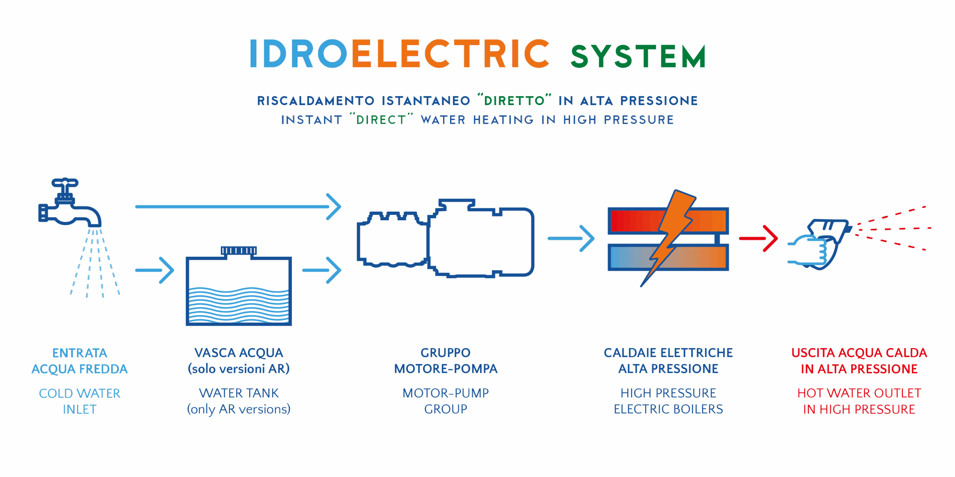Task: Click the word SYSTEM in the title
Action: [638, 57]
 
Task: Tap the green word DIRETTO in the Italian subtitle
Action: [514, 101]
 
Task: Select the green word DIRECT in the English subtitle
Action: [381, 120]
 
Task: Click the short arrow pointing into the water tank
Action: [155, 270]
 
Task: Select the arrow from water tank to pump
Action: [322, 270]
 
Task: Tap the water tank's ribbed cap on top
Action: [239, 250]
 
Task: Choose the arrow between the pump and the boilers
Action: [571, 238]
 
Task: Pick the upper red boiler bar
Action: [634, 221]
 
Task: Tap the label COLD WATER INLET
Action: [80, 401]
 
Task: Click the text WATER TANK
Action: [239, 393]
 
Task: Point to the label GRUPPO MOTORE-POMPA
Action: [446, 361]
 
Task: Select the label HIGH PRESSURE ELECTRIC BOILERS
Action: [668, 401]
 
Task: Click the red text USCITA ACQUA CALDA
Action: [859, 353]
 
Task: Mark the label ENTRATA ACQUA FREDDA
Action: [80, 361]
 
